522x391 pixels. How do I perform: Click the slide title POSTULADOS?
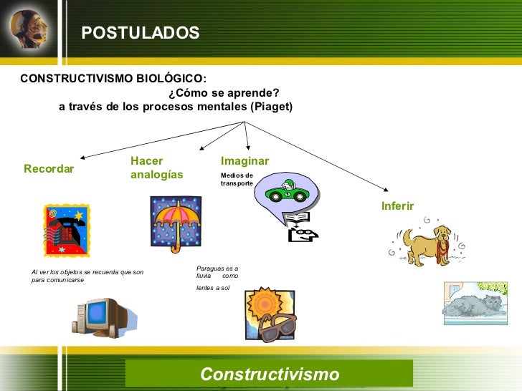(x=140, y=34)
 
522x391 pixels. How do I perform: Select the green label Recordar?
(x=49, y=169)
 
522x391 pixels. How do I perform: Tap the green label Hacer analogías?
(x=156, y=168)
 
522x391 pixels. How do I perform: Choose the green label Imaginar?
(x=245, y=161)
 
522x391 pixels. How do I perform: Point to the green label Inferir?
(x=397, y=206)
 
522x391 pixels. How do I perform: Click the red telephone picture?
(x=67, y=230)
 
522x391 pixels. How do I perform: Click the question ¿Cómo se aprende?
(x=223, y=92)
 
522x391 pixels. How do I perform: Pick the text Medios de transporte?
(x=237, y=180)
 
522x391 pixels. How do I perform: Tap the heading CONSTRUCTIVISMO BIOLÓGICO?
(x=113, y=78)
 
